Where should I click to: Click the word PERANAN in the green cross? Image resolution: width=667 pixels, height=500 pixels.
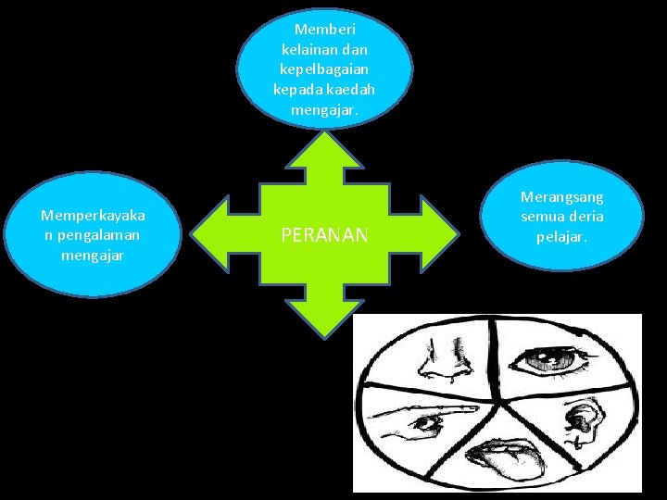tap(325, 236)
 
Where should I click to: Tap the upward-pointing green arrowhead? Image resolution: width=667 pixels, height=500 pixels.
tap(324, 152)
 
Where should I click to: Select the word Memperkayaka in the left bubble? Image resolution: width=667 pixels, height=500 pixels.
tap(93, 216)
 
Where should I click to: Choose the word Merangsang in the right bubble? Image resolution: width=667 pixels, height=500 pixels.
tap(561, 197)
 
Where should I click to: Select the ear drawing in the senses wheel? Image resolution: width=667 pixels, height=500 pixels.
tap(583, 421)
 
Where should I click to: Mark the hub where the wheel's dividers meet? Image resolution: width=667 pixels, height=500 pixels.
tap(498, 402)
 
